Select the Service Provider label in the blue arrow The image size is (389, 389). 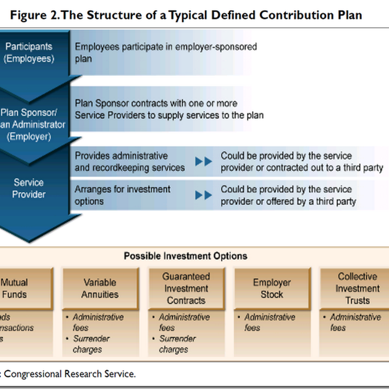(x=29, y=189)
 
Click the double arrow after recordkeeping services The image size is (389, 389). (x=204, y=161)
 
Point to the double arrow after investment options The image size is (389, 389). (x=204, y=195)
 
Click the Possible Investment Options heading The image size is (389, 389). (x=185, y=256)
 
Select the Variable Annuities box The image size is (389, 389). (x=100, y=288)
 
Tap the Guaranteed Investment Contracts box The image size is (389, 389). (x=186, y=288)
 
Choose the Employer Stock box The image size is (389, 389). (x=272, y=288)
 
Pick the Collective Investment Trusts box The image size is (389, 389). (x=357, y=288)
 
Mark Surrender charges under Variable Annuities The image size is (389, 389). (x=91, y=344)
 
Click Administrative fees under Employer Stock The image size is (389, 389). (x=269, y=322)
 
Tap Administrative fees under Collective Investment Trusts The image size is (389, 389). (x=355, y=322)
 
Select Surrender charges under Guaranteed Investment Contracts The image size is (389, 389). (x=177, y=344)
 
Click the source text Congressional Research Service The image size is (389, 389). (x=71, y=374)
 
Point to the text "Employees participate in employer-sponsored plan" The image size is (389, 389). (x=165, y=53)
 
